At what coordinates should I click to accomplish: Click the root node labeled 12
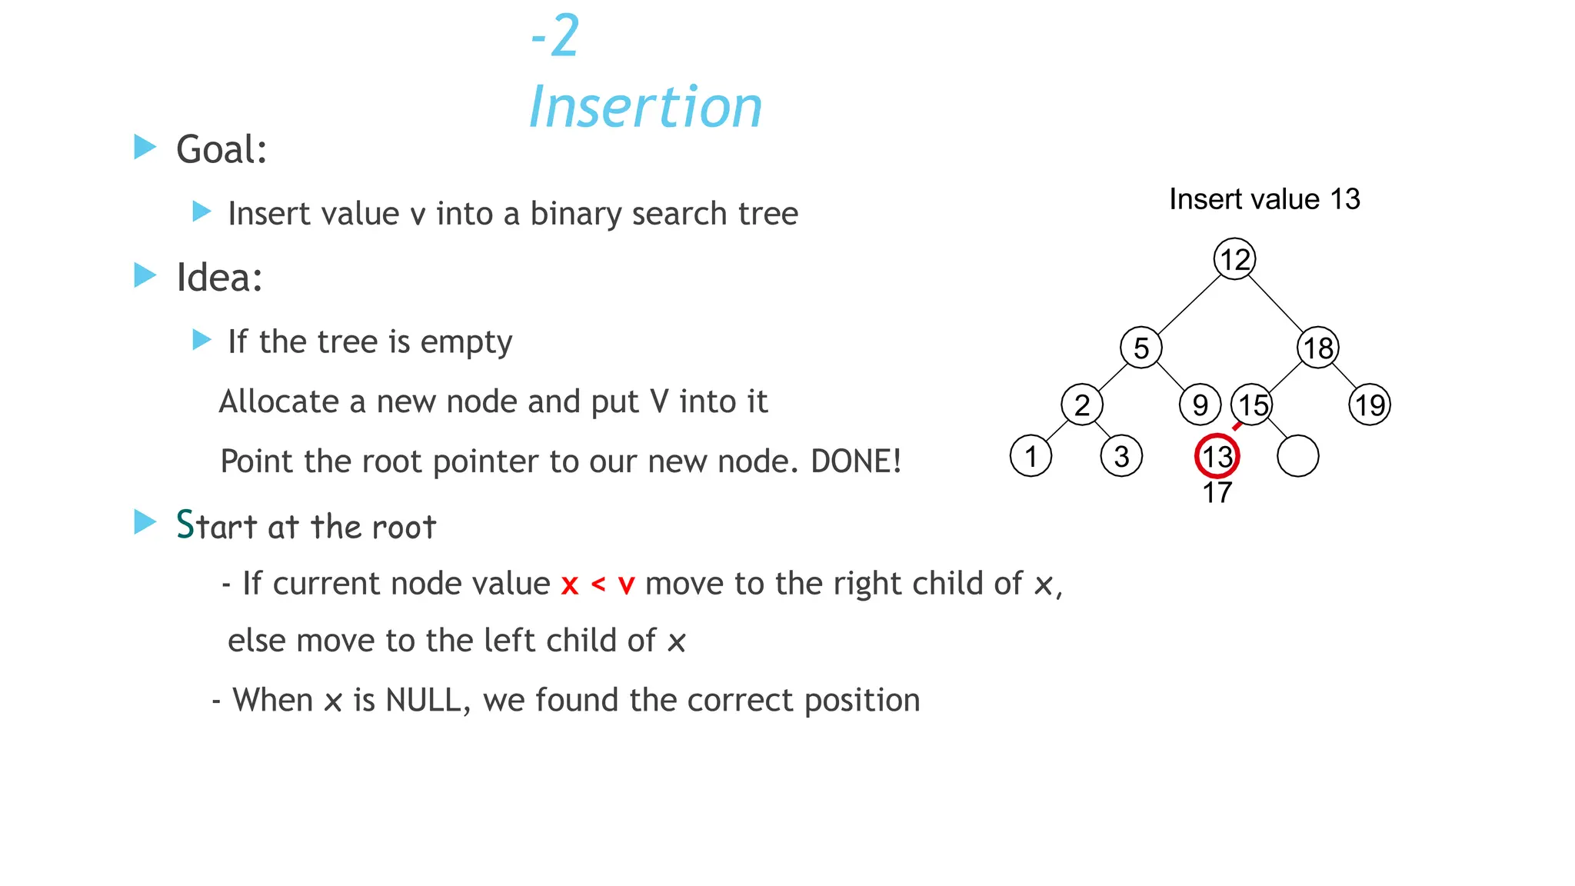pyautogui.click(x=1234, y=259)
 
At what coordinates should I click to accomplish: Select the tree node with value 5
pyautogui.click(x=1140, y=348)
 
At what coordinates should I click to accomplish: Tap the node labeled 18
pyautogui.click(x=1318, y=348)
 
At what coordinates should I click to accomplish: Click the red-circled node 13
pyautogui.click(x=1217, y=456)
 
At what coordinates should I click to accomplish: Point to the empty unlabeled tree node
pyautogui.click(x=1297, y=456)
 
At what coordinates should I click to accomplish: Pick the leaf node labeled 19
pyautogui.click(x=1370, y=405)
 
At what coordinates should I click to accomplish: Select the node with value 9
pyautogui.click(x=1200, y=405)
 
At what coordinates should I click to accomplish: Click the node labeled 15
pyautogui.click(x=1252, y=405)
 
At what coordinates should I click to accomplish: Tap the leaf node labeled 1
pyautogui.click(x=1031, y=456)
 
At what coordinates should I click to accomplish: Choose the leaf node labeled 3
pyautogui.click(x=1121, y=456)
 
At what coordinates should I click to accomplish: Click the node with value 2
pyautogui.click(x=1081, y=405)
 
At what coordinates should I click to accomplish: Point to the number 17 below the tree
pyautogui.click(x=1217, y=492)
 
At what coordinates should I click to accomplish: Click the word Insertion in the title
pyautogui.click(x=645, y=107)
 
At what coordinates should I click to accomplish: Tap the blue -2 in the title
pyautogui.click(x=555, y=36)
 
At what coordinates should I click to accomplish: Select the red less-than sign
pyautogui.click(x=598, y=585)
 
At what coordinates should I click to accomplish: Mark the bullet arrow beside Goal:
pyautogui.click(x=145, y=147)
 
